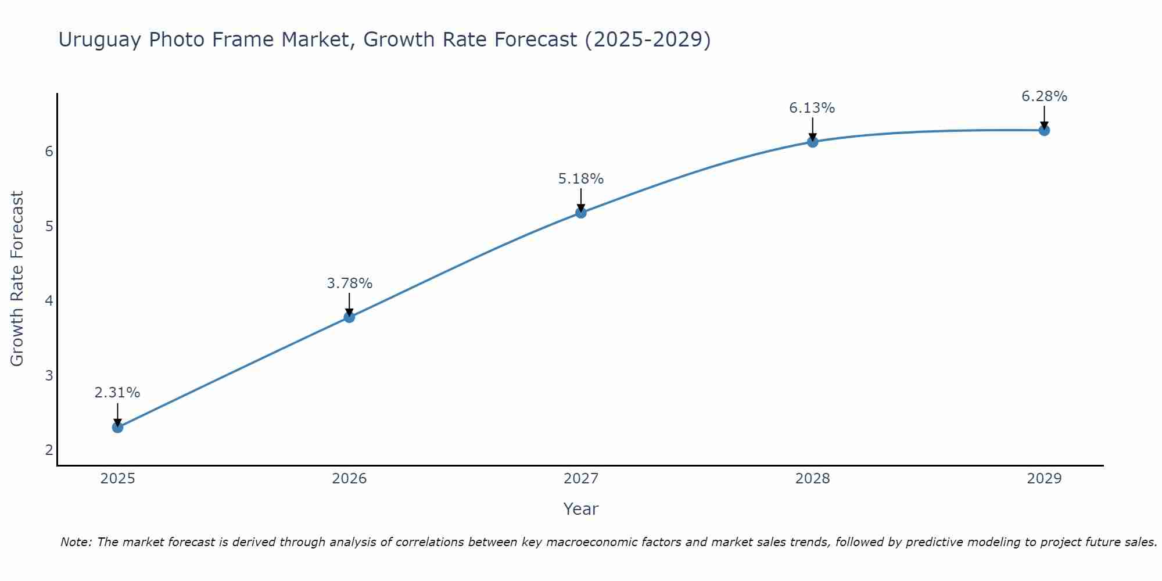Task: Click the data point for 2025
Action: click(117, 427)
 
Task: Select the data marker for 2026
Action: click(349, 317)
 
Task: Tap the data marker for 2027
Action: click(581, 213)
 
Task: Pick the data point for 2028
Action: click(812, 141)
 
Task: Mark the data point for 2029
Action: click(1044, 130)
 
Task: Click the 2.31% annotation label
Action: click(117, 393)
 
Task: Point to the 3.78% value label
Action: click(349, 284)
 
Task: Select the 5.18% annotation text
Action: click(581, 179)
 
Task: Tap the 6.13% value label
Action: click(812, 108)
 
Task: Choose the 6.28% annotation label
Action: click(1044, 96)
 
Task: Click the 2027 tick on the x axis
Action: click(581, 479)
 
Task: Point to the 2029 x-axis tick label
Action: click(1044, 479)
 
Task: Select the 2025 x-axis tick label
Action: click(117, 479)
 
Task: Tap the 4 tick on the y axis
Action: click(49, 301)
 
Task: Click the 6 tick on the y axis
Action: click(49, 152)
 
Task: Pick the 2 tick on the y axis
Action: click(49, 450)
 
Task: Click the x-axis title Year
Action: click(581, 509)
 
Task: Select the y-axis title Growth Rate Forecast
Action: click(17, 279)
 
